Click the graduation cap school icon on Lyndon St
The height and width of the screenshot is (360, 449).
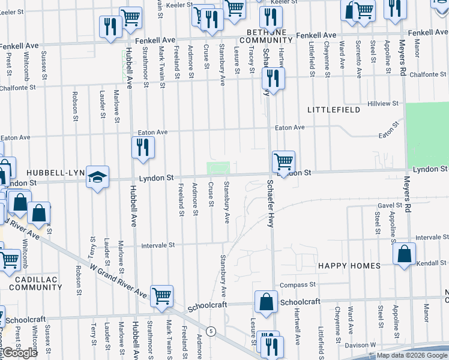pos(97,176)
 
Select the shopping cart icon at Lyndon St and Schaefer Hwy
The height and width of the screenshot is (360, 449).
pos(283,161)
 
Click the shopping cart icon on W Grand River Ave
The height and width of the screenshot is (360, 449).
pos(161,296)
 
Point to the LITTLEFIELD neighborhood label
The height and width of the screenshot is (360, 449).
pos(334,110)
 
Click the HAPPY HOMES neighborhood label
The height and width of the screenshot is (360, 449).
pos(349,266)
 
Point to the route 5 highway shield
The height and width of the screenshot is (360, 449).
pos(211,331)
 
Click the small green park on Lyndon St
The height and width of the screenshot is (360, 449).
pos(218,167)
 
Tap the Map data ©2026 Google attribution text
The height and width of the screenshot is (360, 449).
pos(411,355)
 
